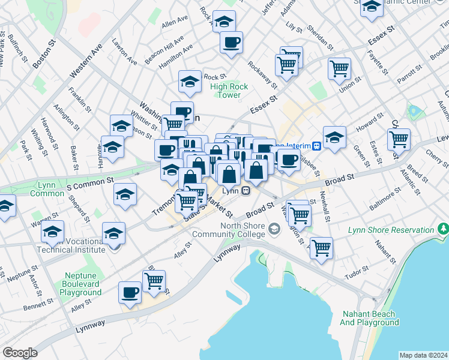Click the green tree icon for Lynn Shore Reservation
[444, 228]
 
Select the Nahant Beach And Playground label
[369, 318]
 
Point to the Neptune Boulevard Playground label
[80, 283]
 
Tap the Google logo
[20, 352]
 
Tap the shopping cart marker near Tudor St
[322, 247]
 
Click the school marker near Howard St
[334, 136]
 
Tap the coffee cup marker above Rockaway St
[231, 42]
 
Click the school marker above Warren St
[53, 232]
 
